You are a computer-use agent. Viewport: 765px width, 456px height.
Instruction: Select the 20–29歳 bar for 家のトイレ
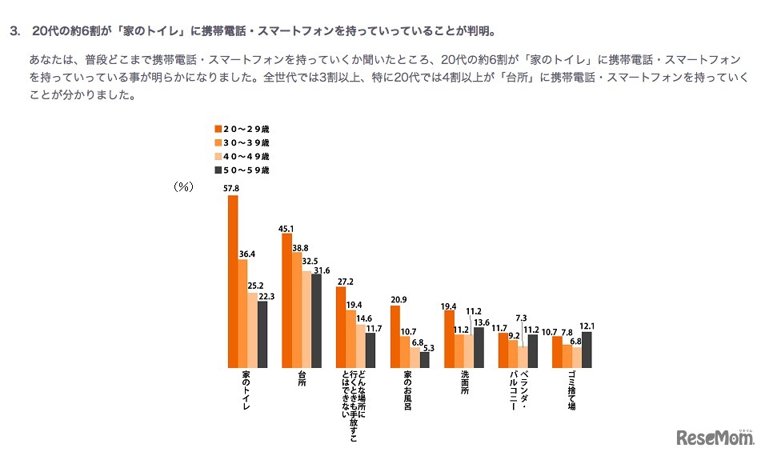(x=233, y=281)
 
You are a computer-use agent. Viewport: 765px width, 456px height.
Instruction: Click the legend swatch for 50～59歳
(x=217, y=170)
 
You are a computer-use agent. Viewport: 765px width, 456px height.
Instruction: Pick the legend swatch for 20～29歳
(x=217, y=128)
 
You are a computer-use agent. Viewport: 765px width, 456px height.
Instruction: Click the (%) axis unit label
(x=185, y=186)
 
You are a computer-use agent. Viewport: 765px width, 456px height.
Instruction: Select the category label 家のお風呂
(x=407, y=392)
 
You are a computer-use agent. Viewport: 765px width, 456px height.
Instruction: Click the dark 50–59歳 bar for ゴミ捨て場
(x=587, y=349)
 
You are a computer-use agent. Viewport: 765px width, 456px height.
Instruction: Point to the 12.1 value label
(x=589, y=326)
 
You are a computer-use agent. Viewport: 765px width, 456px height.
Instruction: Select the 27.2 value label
(x=343, y=281)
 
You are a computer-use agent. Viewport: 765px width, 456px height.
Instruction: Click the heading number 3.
(x=14, y=32)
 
